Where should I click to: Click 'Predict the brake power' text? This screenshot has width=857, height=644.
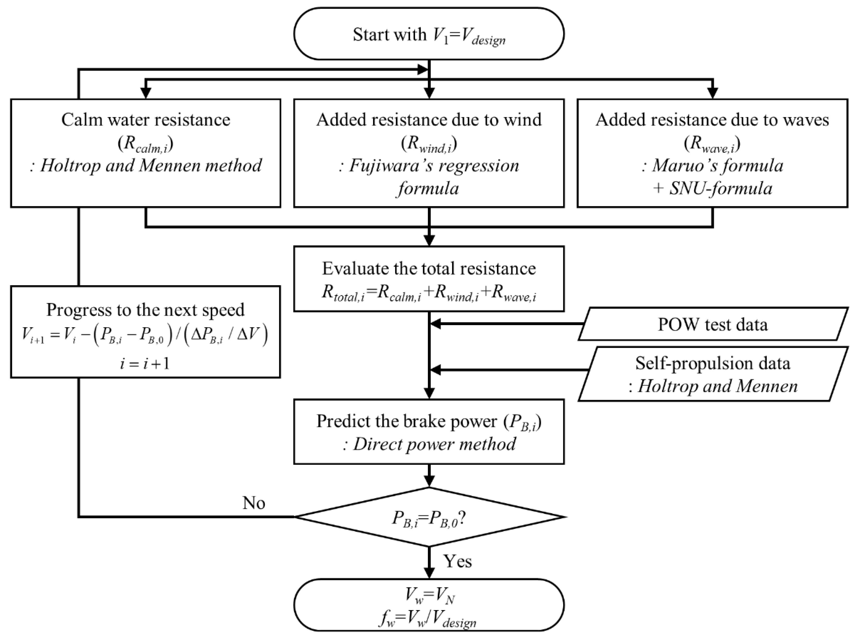pyautogui.click(x=407, y=421)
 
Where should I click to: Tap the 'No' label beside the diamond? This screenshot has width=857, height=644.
pyautogui.click(x=254, y=503)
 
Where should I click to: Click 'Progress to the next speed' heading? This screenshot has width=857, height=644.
pyautogui.click(x=146, y=309)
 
